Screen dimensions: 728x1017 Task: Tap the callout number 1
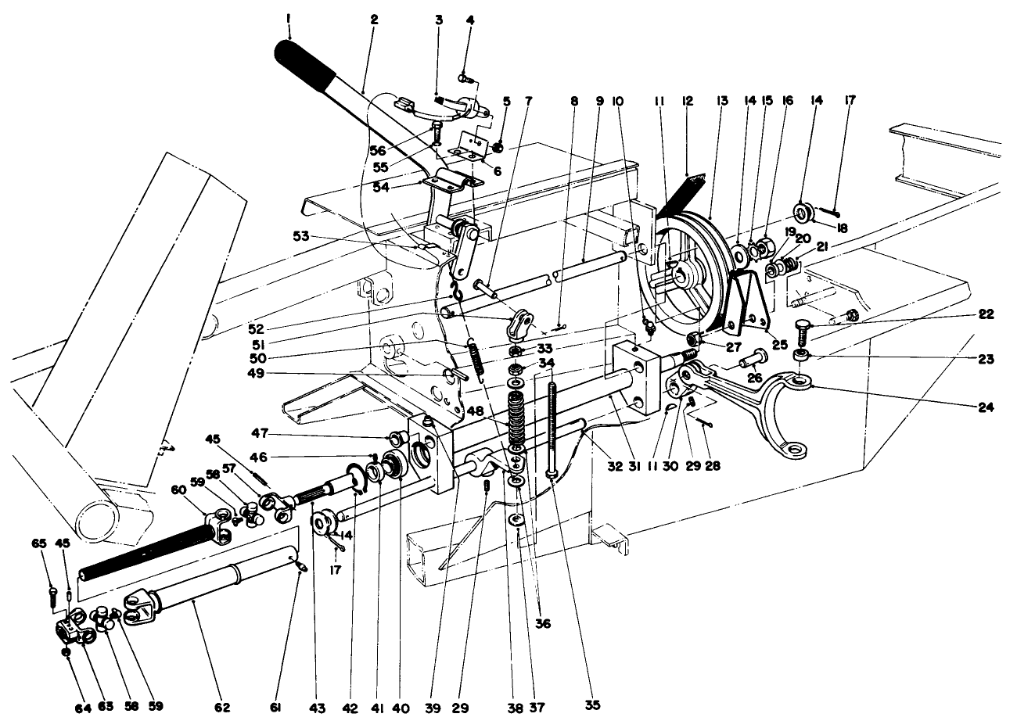[x=289, y=19]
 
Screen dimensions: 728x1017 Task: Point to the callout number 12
[x=688, y=100]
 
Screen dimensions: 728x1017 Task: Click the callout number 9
[x=599, y=100]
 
